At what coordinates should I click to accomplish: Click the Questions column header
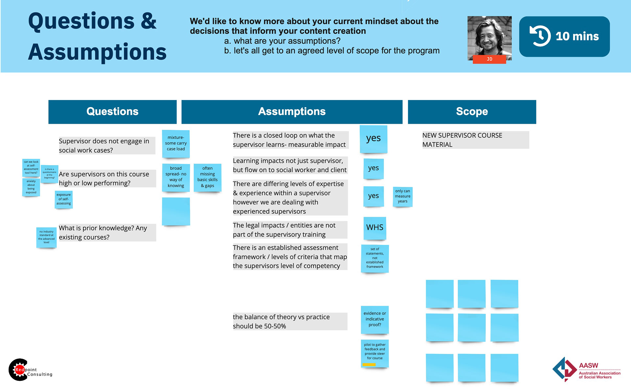coord(112,112)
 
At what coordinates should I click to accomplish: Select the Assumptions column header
coord(292,112)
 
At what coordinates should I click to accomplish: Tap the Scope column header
coord(472,112)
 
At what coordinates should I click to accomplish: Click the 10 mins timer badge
coord(564,36)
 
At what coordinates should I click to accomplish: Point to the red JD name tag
coord(489,59)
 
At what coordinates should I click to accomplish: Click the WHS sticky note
coord(375,228)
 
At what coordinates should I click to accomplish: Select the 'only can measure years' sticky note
coord(403,196)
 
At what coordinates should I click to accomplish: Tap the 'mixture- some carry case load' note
coord(176,144)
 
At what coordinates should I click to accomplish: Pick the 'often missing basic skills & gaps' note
coord(207,177)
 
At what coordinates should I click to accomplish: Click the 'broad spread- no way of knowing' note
coord(176,177)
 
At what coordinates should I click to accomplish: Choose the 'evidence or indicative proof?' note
coord(375,319)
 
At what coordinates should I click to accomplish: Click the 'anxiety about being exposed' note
coord(31,187)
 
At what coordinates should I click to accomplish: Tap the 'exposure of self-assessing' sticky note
coord(63,199)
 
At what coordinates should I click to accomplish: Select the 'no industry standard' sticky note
coord(46,237)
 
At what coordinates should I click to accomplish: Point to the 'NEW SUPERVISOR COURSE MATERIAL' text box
coord(475,140)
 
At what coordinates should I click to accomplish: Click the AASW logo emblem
coord(564,369)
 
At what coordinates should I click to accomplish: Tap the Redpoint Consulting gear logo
coord(19,370)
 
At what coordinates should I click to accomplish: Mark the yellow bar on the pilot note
coord(369,364)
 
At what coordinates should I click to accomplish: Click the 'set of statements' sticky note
coord(375,258)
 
